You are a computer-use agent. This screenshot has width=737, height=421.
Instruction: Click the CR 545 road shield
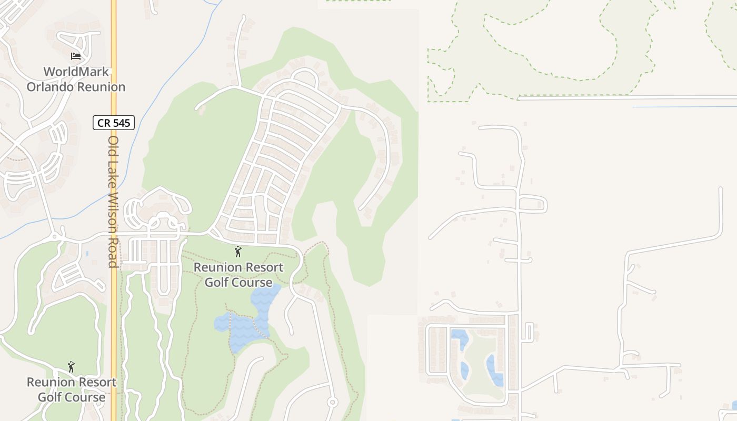click(114, 123)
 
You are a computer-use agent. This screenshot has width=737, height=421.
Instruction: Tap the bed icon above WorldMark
click(76, 56)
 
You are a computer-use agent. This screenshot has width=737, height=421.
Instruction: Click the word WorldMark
click(76, 72)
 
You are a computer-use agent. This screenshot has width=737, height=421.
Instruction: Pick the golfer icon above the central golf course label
click(238, 252)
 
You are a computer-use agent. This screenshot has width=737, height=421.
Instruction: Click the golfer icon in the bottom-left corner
click(71, 366)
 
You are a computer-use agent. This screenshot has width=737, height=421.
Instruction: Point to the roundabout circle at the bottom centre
click(332, 403)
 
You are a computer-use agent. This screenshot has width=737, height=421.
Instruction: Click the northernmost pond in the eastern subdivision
click(459, 338)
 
